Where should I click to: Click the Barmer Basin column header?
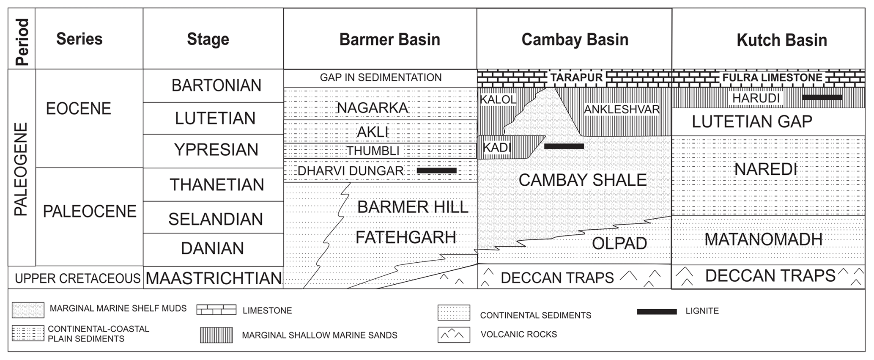tap(389, 40)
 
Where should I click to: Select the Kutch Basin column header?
tap(781, 40)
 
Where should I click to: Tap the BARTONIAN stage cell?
tap(216, 85)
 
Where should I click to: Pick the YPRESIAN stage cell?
tap(216, 150)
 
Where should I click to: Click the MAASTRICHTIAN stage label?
tap(214, 278)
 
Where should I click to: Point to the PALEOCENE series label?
tap(90, 212)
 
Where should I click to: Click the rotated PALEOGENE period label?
tap(21, 169)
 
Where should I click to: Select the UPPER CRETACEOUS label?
tap(77, 278)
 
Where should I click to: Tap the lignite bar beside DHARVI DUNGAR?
tap(436, 170)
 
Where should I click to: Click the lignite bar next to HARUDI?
tap(822, 97)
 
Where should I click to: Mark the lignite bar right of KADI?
tap(564, 146)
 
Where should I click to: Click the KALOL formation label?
tap(498, 99)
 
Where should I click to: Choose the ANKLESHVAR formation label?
tap(622, 110)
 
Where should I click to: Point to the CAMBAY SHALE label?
tap(582, 180)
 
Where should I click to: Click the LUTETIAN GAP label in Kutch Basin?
tap(752, 122)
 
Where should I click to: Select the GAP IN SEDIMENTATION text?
tap(381, 78)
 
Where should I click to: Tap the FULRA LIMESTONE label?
tap(772, 78)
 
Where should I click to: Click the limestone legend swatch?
tap(216, 310)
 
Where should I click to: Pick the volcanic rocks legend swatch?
tap(454, 335)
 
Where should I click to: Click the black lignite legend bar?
tap(657, 312)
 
